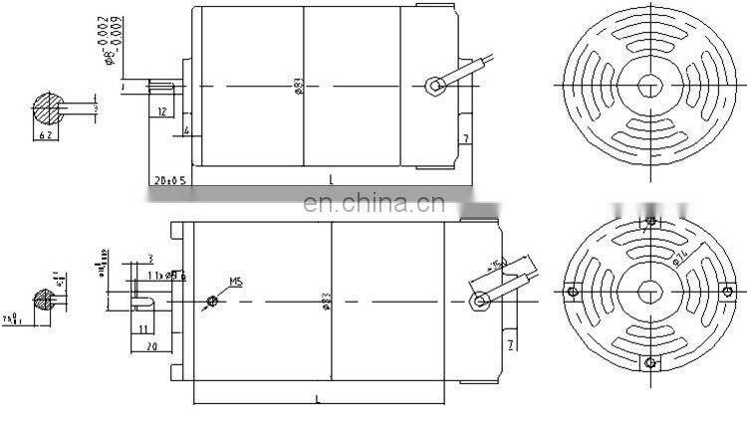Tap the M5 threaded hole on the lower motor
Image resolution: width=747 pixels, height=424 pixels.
212,301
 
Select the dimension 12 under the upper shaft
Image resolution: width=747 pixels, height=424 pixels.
161,112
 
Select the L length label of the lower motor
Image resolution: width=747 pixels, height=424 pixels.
318,398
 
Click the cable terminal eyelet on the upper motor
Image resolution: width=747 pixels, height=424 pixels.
434,86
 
